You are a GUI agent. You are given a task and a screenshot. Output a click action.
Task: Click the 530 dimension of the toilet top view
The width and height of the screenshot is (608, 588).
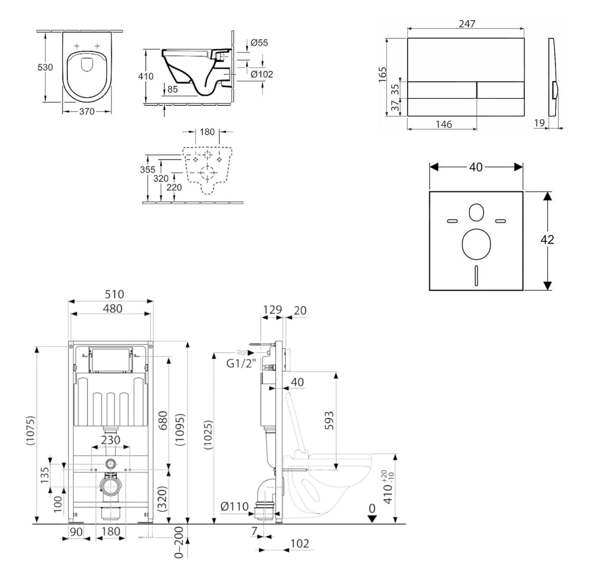coord(45,67)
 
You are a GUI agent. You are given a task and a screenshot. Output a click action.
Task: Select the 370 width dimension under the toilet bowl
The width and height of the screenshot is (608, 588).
coord(87,111)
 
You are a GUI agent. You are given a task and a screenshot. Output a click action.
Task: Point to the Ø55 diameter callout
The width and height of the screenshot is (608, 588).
coord(259,43)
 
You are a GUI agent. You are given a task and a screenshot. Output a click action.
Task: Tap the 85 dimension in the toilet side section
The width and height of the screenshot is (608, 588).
coord(172,89)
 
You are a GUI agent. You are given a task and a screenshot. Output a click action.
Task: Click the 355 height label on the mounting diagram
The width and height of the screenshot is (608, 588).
coord(148,169)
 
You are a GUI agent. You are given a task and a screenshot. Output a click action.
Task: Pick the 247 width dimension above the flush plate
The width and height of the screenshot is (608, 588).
coord(467,24)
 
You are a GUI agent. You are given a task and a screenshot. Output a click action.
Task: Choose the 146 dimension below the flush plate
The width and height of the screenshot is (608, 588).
coord(443,124)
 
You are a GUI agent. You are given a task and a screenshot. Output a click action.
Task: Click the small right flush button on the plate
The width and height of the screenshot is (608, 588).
coord(500,90)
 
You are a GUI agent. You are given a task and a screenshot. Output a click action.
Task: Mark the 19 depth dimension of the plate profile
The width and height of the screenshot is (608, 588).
coord(539,123)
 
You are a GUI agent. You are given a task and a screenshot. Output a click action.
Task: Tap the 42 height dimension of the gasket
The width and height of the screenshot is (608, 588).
coord(547,240)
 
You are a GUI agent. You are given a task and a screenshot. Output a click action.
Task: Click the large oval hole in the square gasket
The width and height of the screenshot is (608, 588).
coord(476,244)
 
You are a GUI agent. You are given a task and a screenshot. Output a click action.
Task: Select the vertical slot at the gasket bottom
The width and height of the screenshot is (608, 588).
coord(476,276)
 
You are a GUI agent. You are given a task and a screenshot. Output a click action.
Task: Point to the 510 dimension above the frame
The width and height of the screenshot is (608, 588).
coord(114,294)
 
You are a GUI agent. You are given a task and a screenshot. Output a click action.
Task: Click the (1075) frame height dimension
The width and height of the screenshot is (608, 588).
coord(31,431)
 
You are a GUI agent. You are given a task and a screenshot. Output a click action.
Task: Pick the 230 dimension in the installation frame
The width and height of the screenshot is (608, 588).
coord(111,440)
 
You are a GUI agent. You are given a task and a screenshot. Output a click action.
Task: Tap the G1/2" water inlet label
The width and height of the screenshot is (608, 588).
coord(241,363)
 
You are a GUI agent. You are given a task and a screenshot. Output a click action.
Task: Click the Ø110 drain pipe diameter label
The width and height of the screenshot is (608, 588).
coord(234,506)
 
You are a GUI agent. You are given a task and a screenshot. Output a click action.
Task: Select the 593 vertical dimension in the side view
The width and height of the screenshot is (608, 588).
coord(329,421)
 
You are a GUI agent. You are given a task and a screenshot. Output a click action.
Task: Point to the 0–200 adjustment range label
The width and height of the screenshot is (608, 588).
coord(179,542)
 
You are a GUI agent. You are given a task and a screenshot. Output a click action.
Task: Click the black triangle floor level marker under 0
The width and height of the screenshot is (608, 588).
coord(372,519)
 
